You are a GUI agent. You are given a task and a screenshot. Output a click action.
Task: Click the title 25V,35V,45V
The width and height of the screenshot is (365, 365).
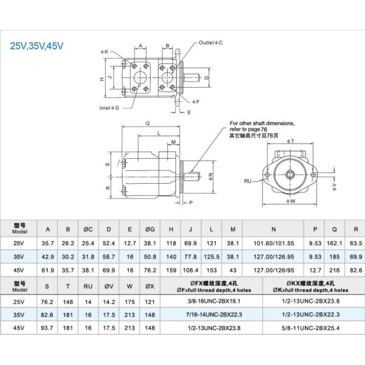(x=37, y=46)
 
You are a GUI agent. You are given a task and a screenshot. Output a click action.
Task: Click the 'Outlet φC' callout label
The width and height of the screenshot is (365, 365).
(x=210, y=43)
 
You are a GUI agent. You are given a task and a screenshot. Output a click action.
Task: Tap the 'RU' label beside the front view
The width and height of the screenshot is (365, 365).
(x=248, y=181)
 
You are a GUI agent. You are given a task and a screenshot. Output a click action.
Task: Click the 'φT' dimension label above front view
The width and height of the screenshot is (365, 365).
(x=291, y=141)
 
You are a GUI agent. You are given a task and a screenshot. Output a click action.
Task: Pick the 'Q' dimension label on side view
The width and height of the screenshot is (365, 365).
(x=148, y=122)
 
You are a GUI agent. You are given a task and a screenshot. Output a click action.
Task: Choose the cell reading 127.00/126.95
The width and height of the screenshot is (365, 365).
(x=273, y=256)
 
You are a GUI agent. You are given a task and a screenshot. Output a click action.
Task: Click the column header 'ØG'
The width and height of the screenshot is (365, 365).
(x=150, y=229)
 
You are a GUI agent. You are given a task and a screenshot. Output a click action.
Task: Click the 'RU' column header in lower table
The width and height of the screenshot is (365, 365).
(x=88, y=284)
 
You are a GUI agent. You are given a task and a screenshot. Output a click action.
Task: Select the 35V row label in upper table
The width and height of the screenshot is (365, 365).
(x=20, y=256)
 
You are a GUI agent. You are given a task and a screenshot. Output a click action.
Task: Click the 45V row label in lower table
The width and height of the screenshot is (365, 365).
(x=20, y=327)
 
